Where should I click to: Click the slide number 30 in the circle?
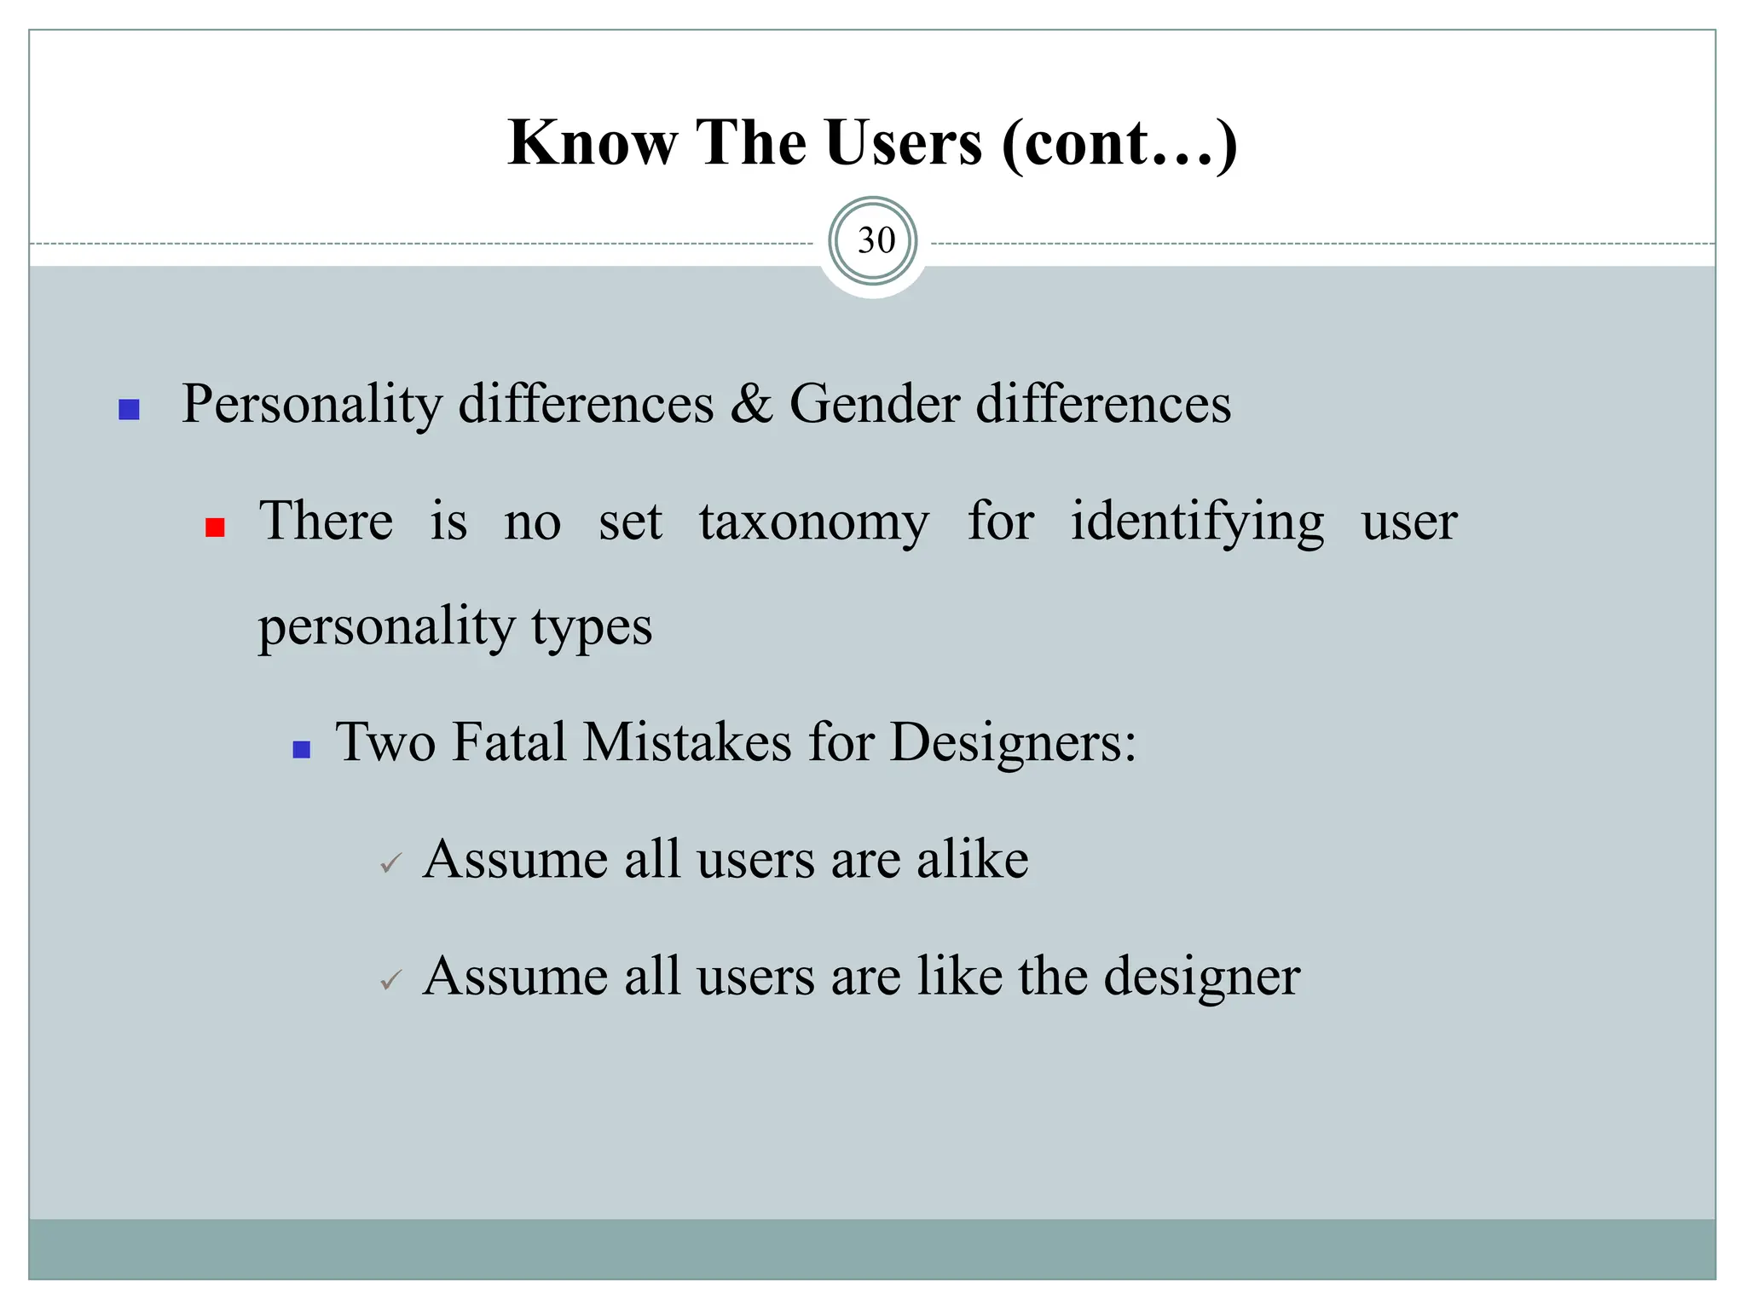875,241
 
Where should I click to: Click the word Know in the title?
592,142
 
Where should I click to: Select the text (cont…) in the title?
1119,144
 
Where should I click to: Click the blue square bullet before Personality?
129,410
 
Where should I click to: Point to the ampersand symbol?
750,404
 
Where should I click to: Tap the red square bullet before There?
215,528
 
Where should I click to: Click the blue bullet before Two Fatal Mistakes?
301,750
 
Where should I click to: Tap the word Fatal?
509,742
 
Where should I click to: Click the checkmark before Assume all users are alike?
390,864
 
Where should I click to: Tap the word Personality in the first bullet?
311,404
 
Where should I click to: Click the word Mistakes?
687,742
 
